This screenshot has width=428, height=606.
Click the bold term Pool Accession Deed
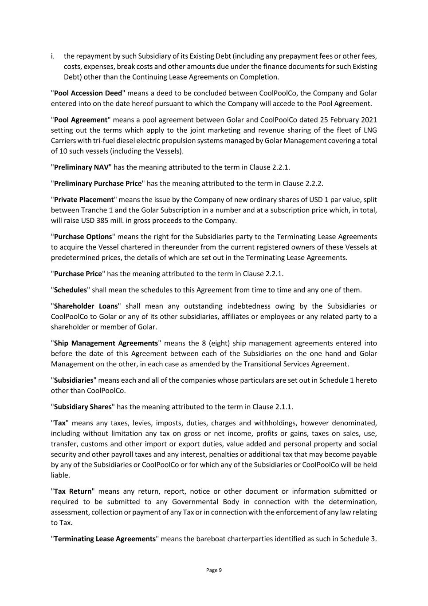click(x=88, y=93)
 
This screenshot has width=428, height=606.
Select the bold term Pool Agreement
click(x=81, y=120)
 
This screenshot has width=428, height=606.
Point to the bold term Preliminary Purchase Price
click(x=98, y=183)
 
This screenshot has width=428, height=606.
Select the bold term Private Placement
click(x=84, y=200)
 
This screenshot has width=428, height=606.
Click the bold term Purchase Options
click(x=83, y=237)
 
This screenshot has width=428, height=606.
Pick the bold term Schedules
click(x=71, y=290)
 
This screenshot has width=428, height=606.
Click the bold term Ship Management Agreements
click(x=106, y=343)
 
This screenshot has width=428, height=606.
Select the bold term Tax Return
click(x=73, y=491)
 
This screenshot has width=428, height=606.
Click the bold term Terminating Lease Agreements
click(x=105, y=539)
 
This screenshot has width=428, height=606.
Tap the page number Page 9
click(x=214, y=570)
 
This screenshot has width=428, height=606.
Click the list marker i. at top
click(x=53, y=56)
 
